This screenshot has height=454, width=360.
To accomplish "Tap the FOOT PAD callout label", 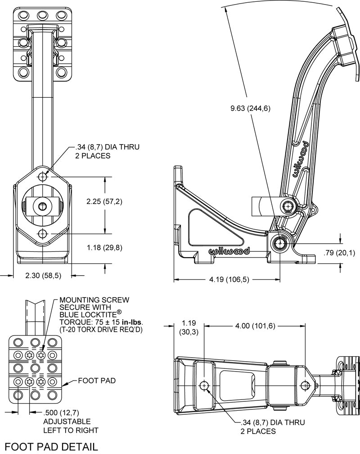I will point(97,381).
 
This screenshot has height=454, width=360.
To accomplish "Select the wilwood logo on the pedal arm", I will point(301,160).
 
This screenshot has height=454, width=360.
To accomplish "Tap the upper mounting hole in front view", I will point(43,176).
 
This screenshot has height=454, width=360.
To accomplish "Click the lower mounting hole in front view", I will point(43,233).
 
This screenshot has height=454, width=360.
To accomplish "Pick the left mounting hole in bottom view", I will point(204,386).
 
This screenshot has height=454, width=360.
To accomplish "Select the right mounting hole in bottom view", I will point(306,386).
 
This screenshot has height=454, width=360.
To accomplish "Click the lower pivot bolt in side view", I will point(279,243).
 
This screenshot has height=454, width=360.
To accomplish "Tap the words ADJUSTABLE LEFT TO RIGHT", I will point(71,426).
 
